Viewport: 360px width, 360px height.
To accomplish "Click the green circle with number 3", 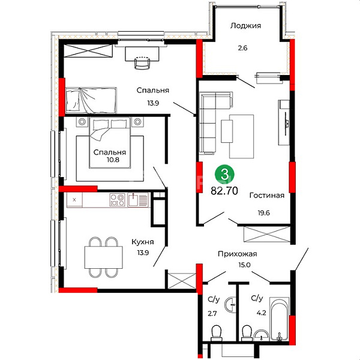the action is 224,175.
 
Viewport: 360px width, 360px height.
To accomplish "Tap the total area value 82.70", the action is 224,191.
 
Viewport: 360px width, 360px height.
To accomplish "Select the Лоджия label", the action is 245,25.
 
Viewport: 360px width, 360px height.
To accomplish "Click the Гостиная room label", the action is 267,196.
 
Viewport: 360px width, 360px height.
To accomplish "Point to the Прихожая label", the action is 238,254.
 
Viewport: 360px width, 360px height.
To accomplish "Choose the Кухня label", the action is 143,242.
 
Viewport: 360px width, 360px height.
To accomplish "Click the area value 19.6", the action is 263,213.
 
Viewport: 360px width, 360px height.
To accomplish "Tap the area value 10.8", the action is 113,160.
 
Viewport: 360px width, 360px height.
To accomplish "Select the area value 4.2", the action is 262,313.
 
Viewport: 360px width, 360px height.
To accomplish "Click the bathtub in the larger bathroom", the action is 280,319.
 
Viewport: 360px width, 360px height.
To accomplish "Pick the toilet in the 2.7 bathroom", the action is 217,332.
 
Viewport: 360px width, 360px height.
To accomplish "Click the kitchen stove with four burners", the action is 118,200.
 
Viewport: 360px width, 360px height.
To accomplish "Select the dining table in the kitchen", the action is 104,257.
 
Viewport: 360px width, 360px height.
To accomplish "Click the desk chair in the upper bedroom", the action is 142,62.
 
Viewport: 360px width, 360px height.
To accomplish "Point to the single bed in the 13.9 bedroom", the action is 91,100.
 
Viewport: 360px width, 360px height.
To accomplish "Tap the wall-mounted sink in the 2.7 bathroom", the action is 231,305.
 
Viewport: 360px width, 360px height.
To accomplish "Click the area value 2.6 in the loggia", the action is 242,48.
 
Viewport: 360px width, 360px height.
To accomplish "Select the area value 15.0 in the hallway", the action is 244,265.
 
